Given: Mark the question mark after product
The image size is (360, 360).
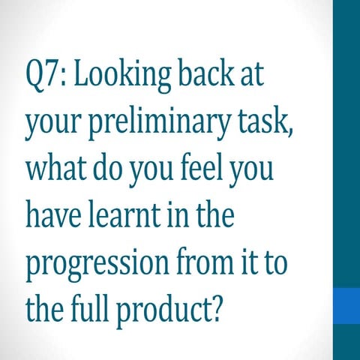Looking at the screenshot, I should pos(217,307).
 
